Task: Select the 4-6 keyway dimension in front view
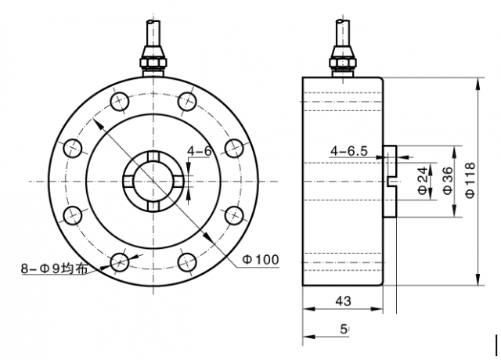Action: pyautogui.click(x=200, y=150)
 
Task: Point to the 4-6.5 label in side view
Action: pyautogui.click(x=349, y=149)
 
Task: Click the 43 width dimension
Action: pyautogui.click(x=342, y=301)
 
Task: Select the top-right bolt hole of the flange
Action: pyautogui.click(x=186, y=100)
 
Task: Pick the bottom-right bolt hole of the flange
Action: pyautogui.click(x=186, y=261)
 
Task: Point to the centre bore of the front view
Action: pyautogui.click(x=153, y=181)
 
